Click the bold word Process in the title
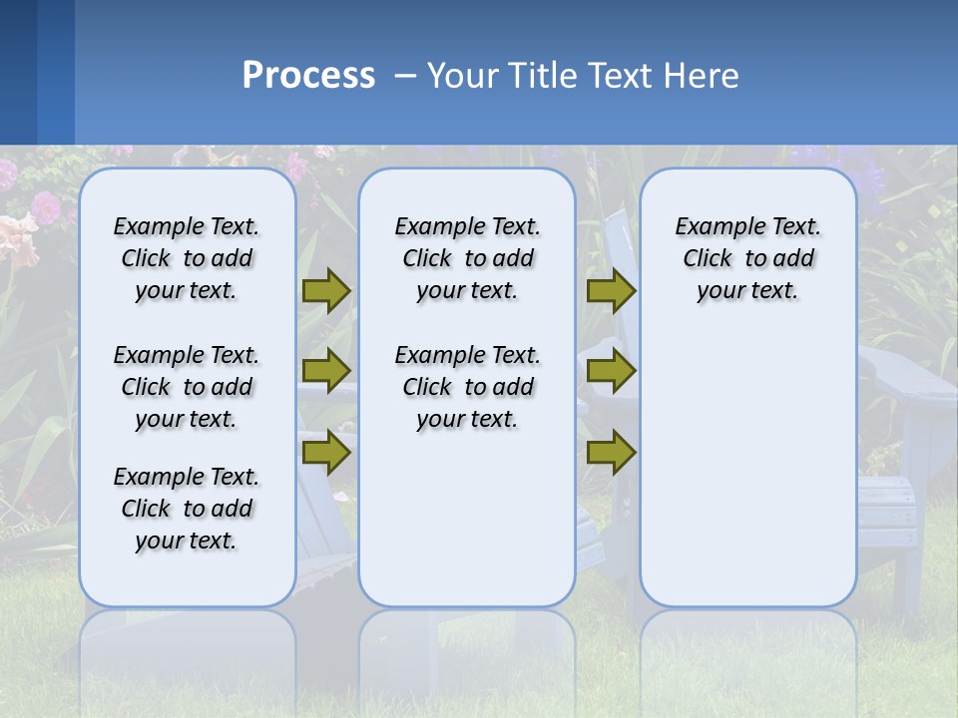308,76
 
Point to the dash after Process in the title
405,77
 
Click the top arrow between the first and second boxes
326,290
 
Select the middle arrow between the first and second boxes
326,370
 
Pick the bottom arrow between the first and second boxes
326,452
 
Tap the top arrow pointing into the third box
611,290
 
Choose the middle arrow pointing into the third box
611,370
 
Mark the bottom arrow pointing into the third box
611,452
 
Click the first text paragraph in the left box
187,258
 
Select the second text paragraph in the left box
187,387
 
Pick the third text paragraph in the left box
187,509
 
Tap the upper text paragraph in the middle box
467,258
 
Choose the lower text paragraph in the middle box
467,387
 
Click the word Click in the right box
708,259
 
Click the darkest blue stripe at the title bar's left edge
18,72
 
